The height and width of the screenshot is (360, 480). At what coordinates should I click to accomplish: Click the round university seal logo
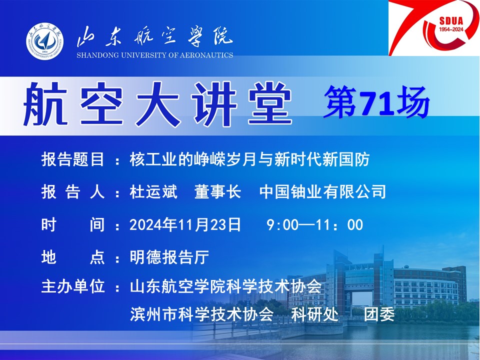click(x=44, y=41)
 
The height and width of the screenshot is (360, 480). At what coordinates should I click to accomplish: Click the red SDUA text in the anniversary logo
click(x=451, y=21)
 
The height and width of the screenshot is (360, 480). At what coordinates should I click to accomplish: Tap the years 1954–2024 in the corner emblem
click(x=451, y=29)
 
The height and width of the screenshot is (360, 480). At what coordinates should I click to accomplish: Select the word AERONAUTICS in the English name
click(x=206, y=55)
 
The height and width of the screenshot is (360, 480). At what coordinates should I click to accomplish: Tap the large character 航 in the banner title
click(x=45, y=104)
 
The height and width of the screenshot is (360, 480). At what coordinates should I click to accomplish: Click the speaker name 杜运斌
click(x=153, y=192)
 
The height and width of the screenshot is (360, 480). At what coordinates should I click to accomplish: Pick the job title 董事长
click(x=217, y=192)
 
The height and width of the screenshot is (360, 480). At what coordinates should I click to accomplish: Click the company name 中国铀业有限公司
click(x=322, y=192)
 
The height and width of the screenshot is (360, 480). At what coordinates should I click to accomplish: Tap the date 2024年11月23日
click(x=185, y=224)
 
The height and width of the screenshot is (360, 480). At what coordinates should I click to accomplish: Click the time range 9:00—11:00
click(x=315, y=224)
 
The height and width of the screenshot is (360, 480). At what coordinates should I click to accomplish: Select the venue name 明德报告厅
click(x=169, y=257)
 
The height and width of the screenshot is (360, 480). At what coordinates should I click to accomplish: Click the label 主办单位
click(x=72, y=286)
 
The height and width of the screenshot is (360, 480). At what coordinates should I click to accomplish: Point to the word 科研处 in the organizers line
click(x=315, y=314)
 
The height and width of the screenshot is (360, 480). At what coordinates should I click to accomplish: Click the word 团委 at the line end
click(x=379, y=314)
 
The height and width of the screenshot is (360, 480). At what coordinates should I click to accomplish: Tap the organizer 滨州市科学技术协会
click(x=201, y=314)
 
